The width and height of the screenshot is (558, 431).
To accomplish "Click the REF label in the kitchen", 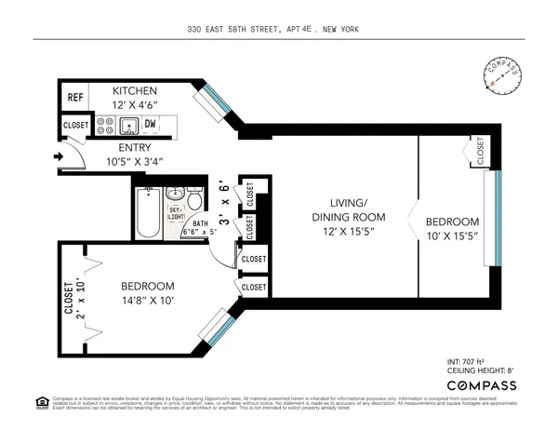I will pyautogui.click(x=74, y=97).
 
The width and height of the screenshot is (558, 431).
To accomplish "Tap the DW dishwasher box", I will pyautogui.click(x=150, y=124).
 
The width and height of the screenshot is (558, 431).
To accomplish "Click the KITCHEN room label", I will pyautogui.click(x=135, y=91).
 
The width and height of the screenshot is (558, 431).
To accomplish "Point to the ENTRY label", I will pyautogui.click(x=135, y=147).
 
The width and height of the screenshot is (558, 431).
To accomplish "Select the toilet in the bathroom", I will pyautogui.click(x=194, y=201).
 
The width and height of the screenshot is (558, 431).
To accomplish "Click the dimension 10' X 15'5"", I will pyautogui.click(x=453, y=236).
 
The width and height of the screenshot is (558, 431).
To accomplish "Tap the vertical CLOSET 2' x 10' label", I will pyautogui.click(x=73, y=300).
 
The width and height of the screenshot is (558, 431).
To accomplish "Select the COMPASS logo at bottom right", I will pyautogui.click(x=483, y=384).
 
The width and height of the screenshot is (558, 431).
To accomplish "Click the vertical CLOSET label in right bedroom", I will pyautogui.click(x=480, y=151).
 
